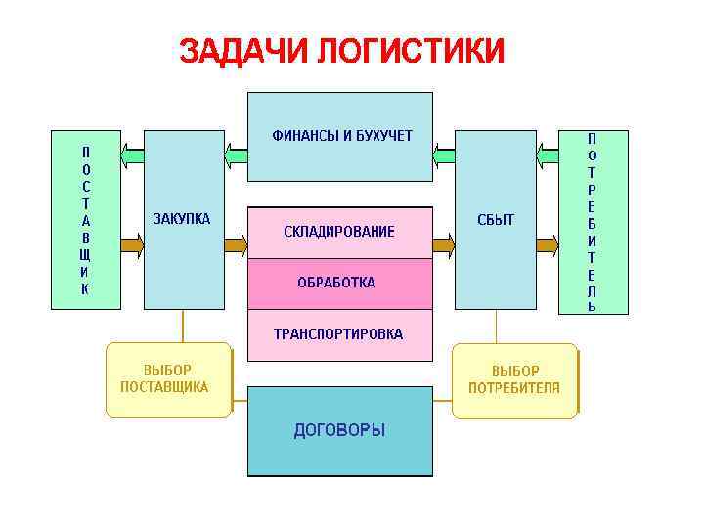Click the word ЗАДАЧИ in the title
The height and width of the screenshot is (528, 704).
pyautogui.click(x=243, y=50)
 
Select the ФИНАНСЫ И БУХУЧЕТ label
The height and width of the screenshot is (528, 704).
pyautogui.click(x=341, y=135)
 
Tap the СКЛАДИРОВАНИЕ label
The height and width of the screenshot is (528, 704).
pyautogui.click(x=339, y=232)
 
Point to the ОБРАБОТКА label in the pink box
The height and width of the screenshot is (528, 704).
pyautogui.click(x=336, y=283)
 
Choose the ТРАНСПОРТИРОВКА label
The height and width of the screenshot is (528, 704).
pyautogui.click(x=337, y=333)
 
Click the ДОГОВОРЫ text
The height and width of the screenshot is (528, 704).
pyautogui.click(x=339, y=429)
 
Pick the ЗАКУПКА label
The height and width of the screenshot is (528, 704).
pyautogui.click(x=182, y=218)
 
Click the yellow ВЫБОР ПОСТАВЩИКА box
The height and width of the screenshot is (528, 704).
pyautogui.click(x=167, y=379)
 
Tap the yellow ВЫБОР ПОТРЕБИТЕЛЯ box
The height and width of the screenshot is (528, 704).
pyautogui.click(x=514, y=379)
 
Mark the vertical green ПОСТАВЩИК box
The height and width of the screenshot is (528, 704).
pyautogui.click(x=85, y=219)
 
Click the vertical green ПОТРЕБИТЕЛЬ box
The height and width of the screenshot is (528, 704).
pyautogui.click(x=593, y=221)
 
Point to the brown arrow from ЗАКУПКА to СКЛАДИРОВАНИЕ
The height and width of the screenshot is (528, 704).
pyautogui.click(x=236, y=244)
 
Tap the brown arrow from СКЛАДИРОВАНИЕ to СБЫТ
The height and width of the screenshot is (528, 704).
pyautogui.click(x=444, y=244)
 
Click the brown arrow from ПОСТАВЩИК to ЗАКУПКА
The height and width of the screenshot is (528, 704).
pyautogui.click(x=132, y=244)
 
